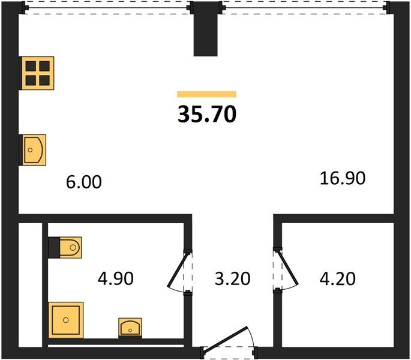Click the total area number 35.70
[207, 114]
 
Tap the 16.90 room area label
[343, 178]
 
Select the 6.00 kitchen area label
[84, 182]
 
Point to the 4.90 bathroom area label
[116, 278]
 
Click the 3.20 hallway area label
[232, 278]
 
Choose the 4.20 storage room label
[338, 278]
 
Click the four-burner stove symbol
[37, 73]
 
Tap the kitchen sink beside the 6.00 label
[33, 150]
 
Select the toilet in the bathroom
[70, 247]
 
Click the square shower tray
[66, 320]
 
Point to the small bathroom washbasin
[130, 328]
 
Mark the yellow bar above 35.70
[207, 94]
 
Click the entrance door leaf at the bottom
[226, 338]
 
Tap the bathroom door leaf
[178, 269]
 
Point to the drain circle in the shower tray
[66, 320]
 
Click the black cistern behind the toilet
[54, 248]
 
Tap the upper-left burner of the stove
[31, 67]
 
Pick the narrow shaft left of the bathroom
[31, 285]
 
